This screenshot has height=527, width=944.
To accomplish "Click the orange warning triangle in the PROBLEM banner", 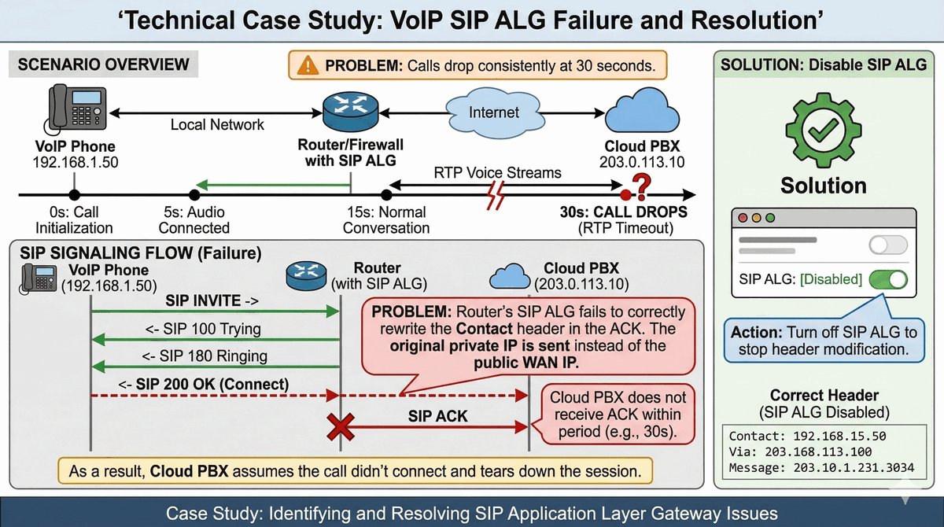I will [306, 64].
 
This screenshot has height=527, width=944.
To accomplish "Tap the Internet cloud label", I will [493, 112].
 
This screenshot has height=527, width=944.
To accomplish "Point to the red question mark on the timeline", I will [642, 187].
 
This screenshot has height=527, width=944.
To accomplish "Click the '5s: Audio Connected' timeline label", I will [194, 219].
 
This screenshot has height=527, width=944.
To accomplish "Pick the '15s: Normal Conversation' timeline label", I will [386, 219].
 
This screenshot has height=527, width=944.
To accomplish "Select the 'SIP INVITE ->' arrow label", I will [208, 300].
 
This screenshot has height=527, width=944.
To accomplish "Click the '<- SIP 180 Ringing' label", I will [205, 356].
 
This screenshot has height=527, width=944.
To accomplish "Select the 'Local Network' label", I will [217, 124].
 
